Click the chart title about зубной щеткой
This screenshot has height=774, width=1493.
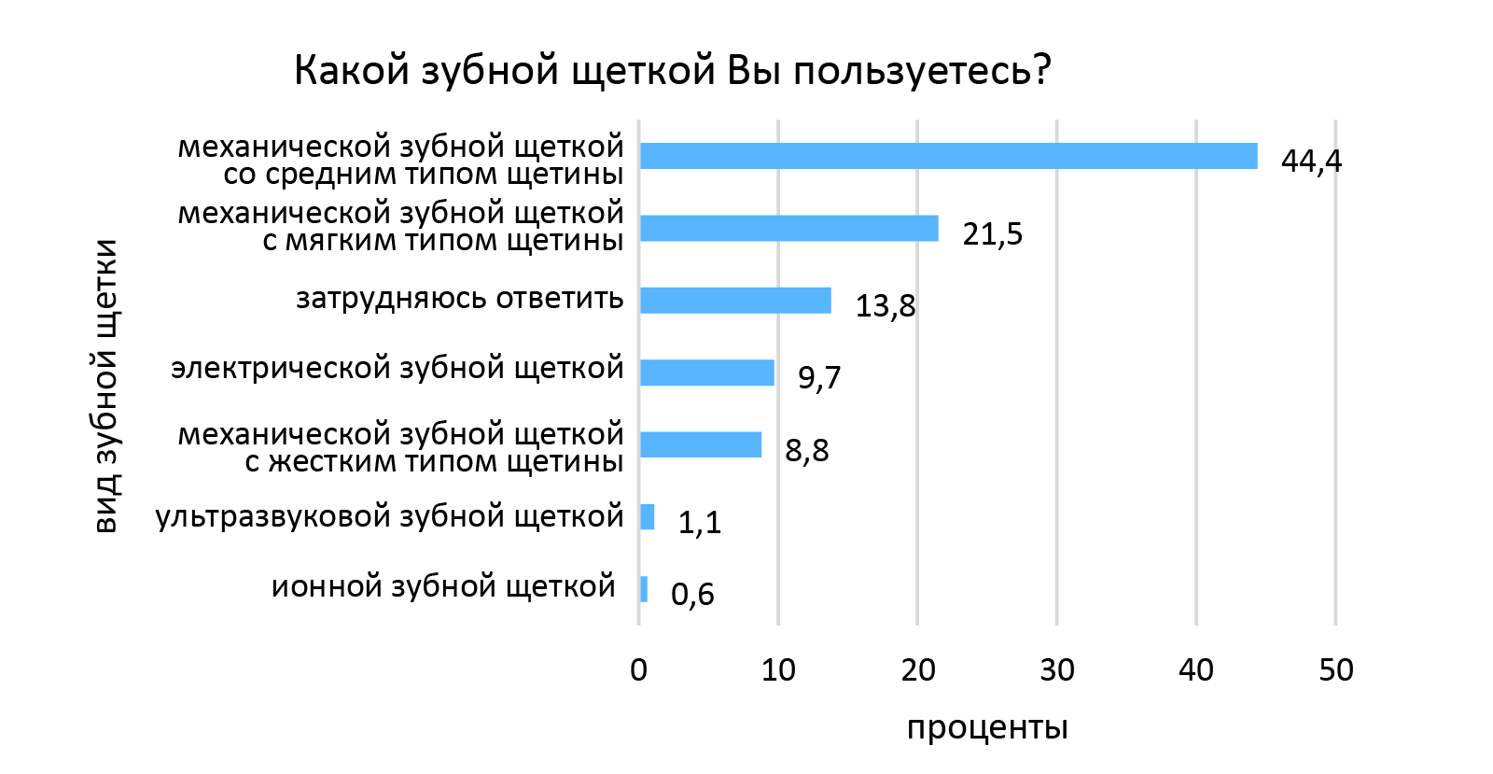[x=672, y=70]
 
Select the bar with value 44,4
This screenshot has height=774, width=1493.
[x=948, y=156]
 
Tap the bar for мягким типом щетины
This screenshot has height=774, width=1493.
[x=789, y=228]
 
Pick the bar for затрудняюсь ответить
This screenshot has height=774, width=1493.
[x=735, y=300]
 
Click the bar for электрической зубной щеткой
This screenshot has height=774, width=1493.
[x=707, y=373]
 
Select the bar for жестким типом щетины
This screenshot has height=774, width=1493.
[x=701, y=444]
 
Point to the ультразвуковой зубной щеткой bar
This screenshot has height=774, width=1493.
[x=648, y=516]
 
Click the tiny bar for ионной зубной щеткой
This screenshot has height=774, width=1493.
[x=644, y=589]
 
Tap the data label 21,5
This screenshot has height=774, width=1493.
[x=992, y=233]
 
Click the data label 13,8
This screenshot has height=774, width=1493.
[x=886, y=305]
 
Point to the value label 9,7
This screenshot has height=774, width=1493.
[x=819, y=377]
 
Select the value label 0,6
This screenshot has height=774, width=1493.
[x=692, y=594]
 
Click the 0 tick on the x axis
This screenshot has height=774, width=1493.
[x=639, y=669]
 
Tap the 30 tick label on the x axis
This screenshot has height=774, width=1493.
[x=1057, y=669]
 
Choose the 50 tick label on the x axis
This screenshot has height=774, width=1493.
[x=1336, y=669]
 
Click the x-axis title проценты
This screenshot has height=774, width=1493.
[x=987, y=727]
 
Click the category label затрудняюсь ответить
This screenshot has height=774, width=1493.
[x=459, y=299]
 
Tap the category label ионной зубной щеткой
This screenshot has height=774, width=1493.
[x=443, y=586]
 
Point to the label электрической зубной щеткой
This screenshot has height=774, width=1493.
[x=397, y=368]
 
